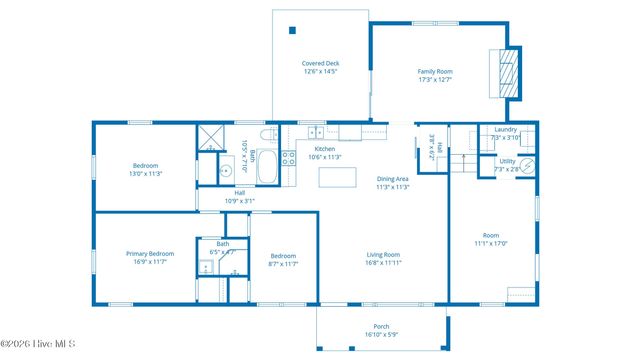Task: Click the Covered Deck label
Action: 320,63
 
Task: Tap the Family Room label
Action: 435,71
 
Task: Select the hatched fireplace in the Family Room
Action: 510,73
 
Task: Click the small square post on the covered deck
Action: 292,30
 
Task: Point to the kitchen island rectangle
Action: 338,178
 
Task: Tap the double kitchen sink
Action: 315,132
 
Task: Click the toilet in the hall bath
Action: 267,134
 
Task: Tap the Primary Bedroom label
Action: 150,253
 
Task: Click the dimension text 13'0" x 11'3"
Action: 146,174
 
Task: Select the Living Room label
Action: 383,254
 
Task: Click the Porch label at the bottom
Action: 381,326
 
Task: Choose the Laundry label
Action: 505,129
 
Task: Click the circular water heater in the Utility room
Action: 528,167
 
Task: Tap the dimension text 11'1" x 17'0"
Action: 491,243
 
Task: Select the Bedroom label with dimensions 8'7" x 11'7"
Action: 283,256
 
